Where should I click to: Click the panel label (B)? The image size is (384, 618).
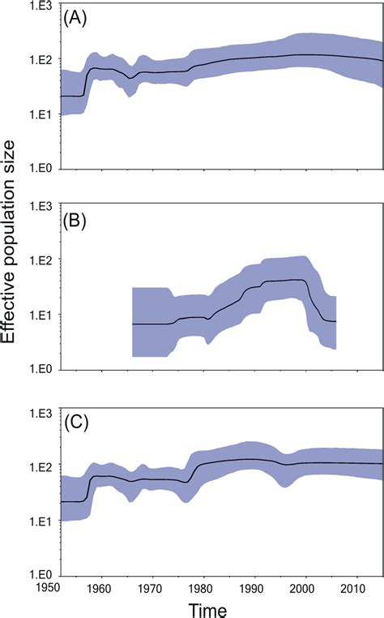[79, 221]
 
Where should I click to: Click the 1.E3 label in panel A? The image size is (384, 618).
[42, 6]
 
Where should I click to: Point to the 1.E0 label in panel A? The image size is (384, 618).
[42, 169]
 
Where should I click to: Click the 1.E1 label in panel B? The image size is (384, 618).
[42, 315]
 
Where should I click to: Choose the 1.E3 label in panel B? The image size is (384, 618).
[42, 206]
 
